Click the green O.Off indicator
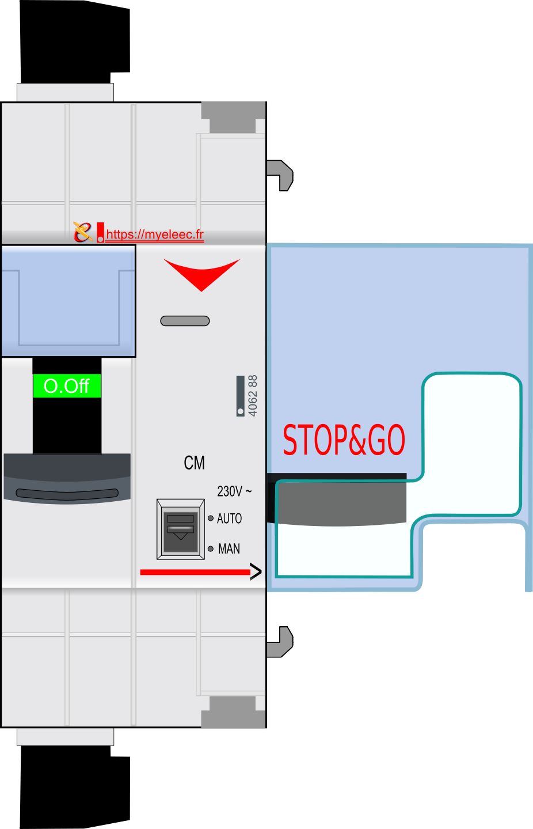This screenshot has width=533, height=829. pos(67,385)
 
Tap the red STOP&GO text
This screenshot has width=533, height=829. pos(344,440)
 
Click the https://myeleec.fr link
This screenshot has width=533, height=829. pos(155,234)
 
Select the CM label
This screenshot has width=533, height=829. pos(194,463)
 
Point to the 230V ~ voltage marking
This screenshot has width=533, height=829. pos(234,491)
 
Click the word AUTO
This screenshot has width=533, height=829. pos(229,518)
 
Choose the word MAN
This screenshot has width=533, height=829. pos(229,548)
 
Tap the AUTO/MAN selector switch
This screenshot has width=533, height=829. pos(181,529)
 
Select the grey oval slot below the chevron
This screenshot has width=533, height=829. pos(185,321)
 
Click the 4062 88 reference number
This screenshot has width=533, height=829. pos(253,396)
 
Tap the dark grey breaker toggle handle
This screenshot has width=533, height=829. pos(67,478)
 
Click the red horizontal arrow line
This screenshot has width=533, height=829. pos(195,572)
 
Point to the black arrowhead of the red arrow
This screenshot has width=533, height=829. pos(256,572)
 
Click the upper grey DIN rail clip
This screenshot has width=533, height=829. pos(280,175)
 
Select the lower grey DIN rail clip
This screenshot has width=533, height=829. pos(280,642)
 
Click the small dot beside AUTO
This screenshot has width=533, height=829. pos(211,518)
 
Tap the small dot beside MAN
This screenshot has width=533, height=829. pos(211,548)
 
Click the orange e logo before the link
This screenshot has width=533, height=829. pos(83,232)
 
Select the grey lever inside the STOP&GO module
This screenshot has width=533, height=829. pos(337,499)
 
